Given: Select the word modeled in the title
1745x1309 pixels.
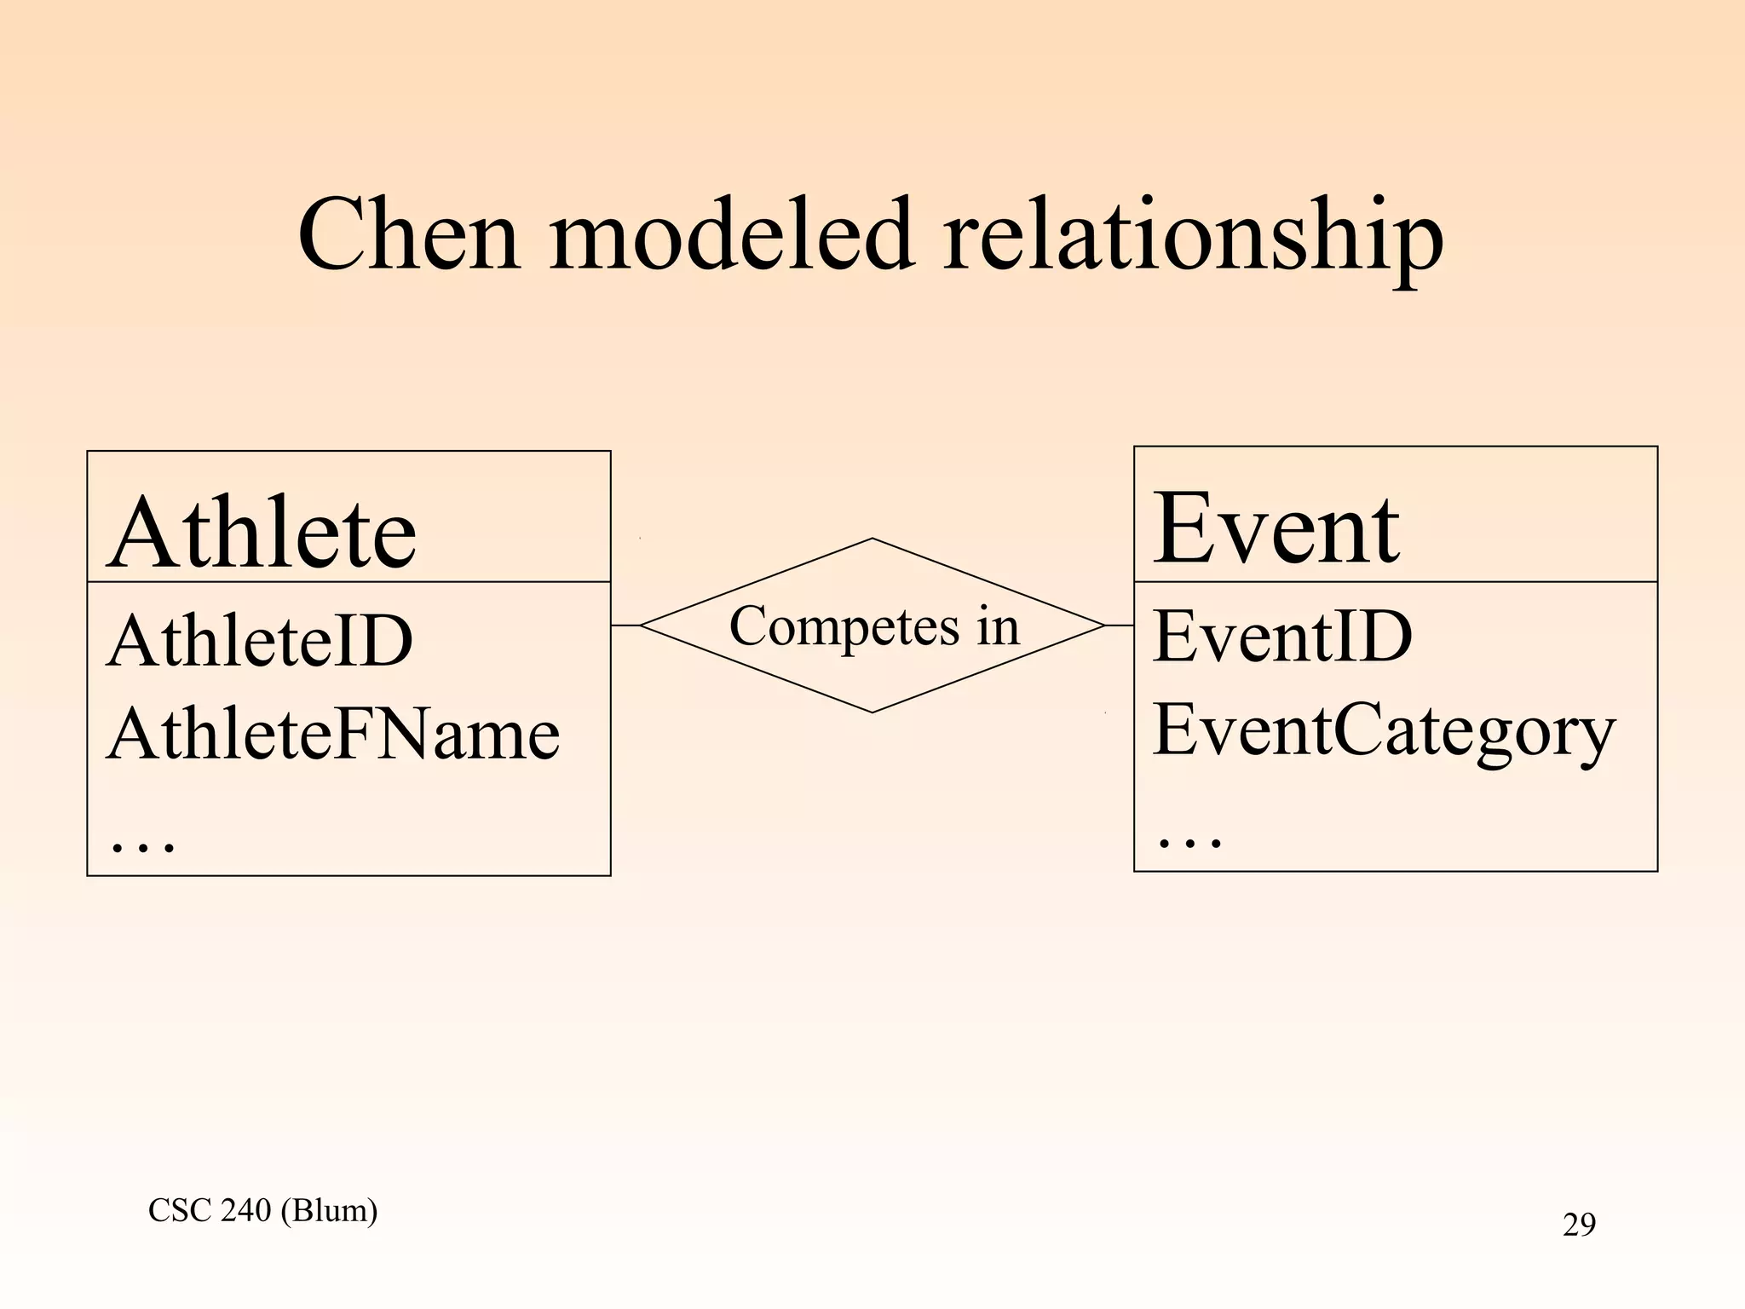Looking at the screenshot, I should [731, 234].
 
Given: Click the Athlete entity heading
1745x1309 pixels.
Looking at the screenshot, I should [262, 533].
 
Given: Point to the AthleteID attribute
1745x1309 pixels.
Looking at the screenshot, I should [260, 641].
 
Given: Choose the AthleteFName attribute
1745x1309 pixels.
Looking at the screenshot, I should [333, 735].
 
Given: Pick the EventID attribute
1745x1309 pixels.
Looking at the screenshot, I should [1282, 637].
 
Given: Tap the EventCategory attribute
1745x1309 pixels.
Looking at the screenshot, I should [1384, 731].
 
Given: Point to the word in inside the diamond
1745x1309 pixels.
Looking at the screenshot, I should [998, 626].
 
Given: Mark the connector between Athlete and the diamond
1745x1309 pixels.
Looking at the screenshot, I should [625, 626].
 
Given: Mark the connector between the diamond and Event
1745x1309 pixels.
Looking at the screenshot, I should [1119, 626].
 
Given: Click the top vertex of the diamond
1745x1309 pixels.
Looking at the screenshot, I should [872, 539].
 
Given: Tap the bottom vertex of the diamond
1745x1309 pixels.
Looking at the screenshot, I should [872, 712].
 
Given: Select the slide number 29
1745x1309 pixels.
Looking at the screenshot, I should [1579, 1225].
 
